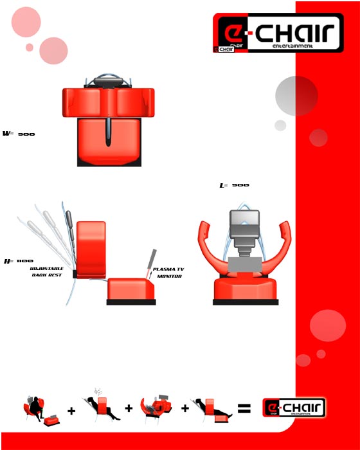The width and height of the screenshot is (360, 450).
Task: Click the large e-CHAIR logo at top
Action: point(278,33)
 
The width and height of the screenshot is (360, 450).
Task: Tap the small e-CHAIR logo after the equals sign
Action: point(294,408)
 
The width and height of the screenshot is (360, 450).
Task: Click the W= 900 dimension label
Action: point(19,134)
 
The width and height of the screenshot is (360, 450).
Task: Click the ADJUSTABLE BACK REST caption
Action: point(46,271)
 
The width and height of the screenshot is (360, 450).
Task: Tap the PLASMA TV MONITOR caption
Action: point(168,273)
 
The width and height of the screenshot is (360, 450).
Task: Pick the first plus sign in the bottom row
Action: point(71,410)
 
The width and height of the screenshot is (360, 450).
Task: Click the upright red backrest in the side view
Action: point(91,248)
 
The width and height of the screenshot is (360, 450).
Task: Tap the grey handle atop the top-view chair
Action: point(107,81)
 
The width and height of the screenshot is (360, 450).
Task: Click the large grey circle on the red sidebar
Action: point(296,95)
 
